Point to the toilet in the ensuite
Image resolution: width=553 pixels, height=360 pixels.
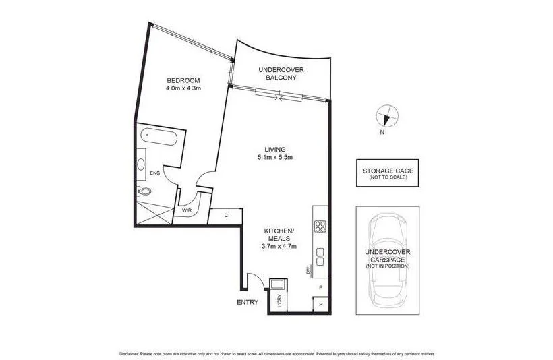coord(143,191)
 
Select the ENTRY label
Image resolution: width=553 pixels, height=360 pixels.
coord(248,302)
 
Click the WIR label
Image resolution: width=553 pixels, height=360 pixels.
coord(186,210)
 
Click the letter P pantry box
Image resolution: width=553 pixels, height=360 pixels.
coord(321,305)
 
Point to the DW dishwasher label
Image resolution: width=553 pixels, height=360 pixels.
coord(307,270)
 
